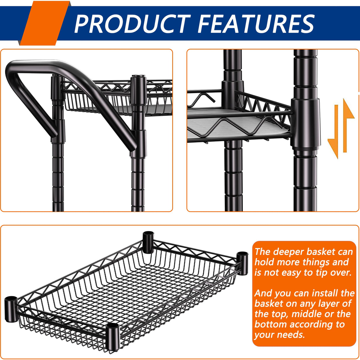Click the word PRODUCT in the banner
coord(133,24)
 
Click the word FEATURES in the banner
coord(256,24)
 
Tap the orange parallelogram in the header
coord(45,23)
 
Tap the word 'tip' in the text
coord(321,273)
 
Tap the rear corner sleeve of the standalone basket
coord(149,242)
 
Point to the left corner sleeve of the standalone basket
coord(11,309)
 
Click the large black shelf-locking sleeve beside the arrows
coord(306,123)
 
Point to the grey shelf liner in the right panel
coord(237,123)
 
